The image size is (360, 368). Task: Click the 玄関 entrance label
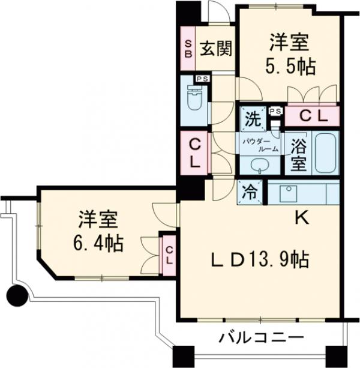tap(216, 49)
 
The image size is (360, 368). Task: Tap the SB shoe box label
tap(188, 49)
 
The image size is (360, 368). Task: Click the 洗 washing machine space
tap(253, 119)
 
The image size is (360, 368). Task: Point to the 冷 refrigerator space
tap(250, 192)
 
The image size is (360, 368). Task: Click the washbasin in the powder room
tap(259, 165)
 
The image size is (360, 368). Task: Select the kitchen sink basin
tap(288, 193)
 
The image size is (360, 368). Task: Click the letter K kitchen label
tap(301, 219)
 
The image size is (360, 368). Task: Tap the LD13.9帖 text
tap(260, 259)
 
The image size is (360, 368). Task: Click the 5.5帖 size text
tap(290, 66)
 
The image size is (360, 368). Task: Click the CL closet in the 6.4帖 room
tap(169, 255)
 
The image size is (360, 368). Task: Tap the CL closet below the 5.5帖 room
tap(312, 116)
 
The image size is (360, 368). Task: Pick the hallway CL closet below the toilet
tap(194, 153)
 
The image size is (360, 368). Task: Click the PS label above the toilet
tap(203, 79)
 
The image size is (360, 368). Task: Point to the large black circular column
tap(17, 295)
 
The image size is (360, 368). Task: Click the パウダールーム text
tap(260, 145)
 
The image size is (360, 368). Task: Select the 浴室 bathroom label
tap(298, 154)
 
